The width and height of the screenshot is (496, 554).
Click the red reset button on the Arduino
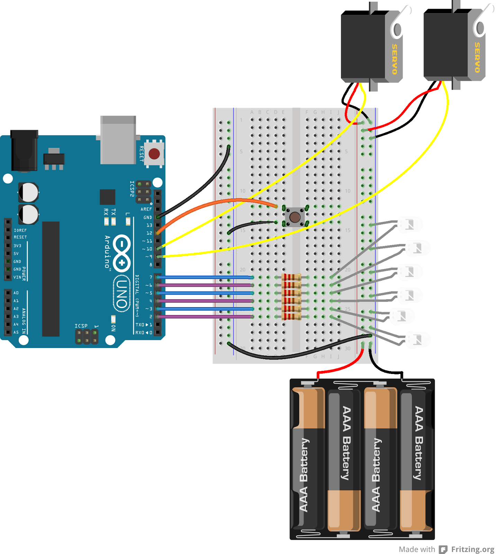coord(154,153)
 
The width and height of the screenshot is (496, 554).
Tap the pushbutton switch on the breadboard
coord(295,217)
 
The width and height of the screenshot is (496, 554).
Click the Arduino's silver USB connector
coord(118,140)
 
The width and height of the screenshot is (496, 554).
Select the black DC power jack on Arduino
coord(24,151)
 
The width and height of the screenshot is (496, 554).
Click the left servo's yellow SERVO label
coord(395,59)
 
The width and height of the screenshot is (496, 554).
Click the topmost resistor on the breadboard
coord(291,277)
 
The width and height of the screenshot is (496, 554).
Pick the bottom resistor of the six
coord(291,316)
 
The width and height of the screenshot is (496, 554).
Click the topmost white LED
coord(409,225)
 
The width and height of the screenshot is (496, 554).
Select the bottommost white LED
coord(417,340)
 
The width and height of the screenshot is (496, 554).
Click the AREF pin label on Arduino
coord(146,209)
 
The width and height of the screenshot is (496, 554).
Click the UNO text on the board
coord(121,294)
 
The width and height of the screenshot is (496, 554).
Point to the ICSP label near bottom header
coord(81,326)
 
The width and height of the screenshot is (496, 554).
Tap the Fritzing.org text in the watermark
coord(472,549)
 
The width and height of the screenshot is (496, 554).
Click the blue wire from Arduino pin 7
coord(204,277)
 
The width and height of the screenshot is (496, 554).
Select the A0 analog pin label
coord(16,293)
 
